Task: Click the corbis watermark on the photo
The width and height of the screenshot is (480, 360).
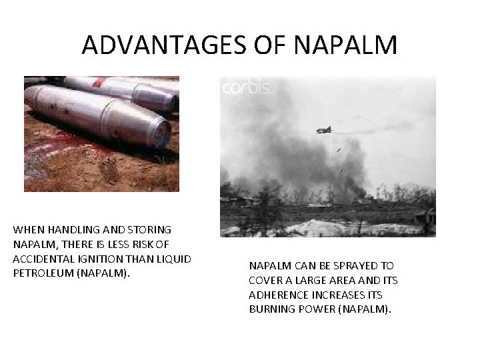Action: click(245, 87)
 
